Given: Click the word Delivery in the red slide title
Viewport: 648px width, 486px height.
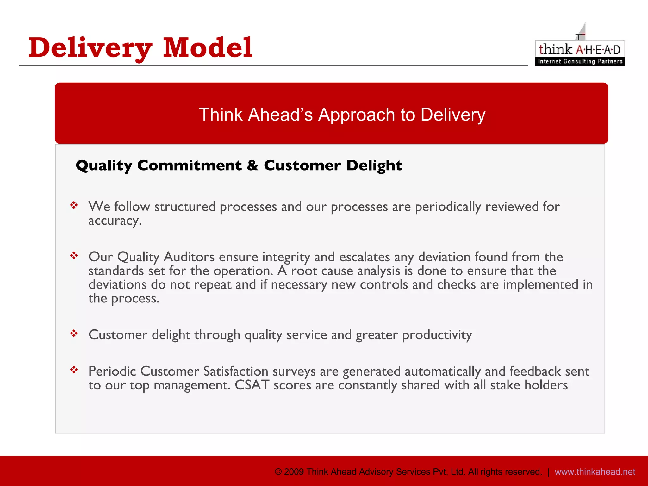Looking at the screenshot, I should click(x=90, y=48).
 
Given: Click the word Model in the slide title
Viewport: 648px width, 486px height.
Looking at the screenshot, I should click(x=208, y=48).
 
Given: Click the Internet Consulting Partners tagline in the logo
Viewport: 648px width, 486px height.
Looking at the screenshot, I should click(x=580, y=61).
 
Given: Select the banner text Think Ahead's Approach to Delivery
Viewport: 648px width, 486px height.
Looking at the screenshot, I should click(x=342, y=115).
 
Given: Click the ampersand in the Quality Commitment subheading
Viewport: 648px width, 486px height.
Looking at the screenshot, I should click(x=252, y=165).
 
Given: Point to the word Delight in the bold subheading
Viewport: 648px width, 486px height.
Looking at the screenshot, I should click(x=374, y=165).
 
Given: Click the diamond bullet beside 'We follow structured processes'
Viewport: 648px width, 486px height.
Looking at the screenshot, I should click(x=74, y=205).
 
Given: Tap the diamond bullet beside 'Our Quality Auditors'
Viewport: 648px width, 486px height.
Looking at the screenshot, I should click(x=74, y=255).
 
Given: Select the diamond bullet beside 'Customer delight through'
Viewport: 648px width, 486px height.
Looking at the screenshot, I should click(x=74, y=333).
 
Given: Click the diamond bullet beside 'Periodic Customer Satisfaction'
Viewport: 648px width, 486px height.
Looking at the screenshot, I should click(x=74, y=370).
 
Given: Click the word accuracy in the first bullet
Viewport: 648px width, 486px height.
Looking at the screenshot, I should click(x=114, y=221).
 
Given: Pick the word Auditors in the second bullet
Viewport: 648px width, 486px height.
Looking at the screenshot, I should click(x=189, y=257).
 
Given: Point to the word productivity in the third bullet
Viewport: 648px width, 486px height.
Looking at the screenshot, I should click(x=437, y=335).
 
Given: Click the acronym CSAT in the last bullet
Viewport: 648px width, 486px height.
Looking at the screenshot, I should click(x=252, y=385).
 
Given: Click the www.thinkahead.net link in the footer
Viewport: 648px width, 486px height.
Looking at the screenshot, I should click(x=595, y=472).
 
